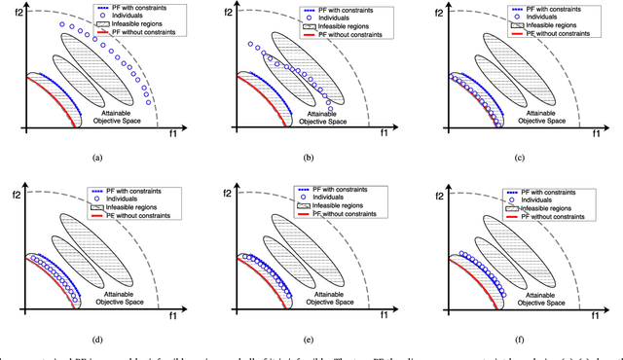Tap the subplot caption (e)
tap(309, 342)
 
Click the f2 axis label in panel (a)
tap(10, 15)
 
